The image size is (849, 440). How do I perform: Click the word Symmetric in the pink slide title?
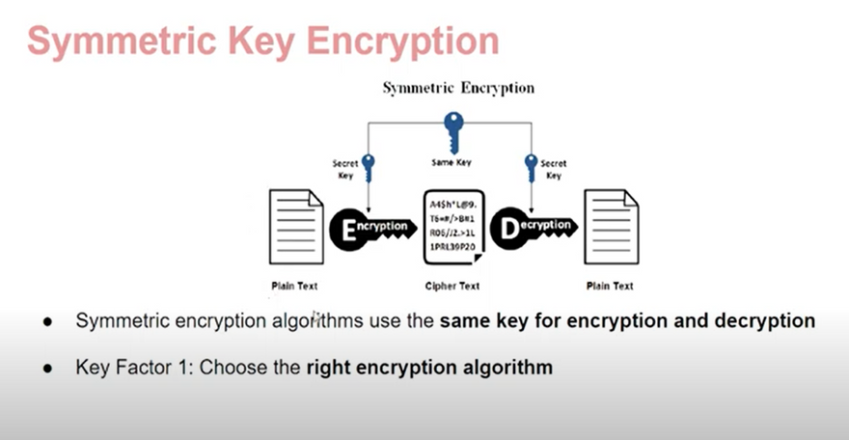(122, 41)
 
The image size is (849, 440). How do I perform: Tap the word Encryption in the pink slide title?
(402, 41)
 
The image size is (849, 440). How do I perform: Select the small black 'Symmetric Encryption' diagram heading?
(458, 88)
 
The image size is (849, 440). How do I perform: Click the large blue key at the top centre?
(453, 132)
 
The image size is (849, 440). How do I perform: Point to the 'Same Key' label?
(452, 162)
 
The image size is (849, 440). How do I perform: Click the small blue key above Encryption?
(369, 168)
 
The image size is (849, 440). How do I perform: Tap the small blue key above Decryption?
(532, 168)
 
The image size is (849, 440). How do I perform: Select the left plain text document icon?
(296, 227)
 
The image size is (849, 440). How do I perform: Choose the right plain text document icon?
(612, 227)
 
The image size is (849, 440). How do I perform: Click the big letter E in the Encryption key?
(349, 231)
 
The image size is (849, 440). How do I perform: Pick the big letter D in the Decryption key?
(509, 230)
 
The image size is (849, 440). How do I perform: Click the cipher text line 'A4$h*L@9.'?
(453, 205)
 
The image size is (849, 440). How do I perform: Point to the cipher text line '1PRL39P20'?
(452, 247)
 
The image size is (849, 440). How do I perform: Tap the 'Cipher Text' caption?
(452, 286)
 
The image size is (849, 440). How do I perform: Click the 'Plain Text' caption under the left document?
(294, 286)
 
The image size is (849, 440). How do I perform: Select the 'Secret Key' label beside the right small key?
(554, 169)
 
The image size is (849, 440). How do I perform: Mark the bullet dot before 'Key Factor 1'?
(48, 369)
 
